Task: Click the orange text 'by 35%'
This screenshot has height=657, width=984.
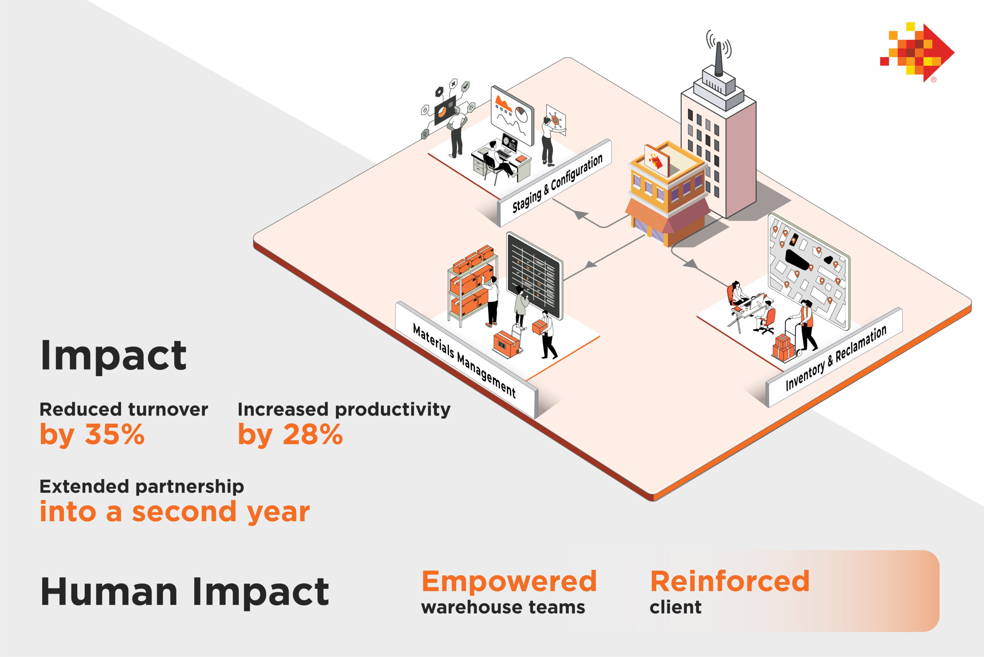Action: point(92,435)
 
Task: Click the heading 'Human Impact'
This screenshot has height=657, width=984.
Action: point(184,592)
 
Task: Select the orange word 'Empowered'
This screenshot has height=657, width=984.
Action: point(509,581)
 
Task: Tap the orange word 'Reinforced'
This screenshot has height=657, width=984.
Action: point(730,581)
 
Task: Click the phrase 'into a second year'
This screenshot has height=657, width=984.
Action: point(175,513)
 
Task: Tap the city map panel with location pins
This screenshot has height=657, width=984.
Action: point(809,272)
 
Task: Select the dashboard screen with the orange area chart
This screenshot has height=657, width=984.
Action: point(512,116)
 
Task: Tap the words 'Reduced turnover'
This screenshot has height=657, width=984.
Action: point(124,409)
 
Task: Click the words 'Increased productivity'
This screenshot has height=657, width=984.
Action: point(344,409)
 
